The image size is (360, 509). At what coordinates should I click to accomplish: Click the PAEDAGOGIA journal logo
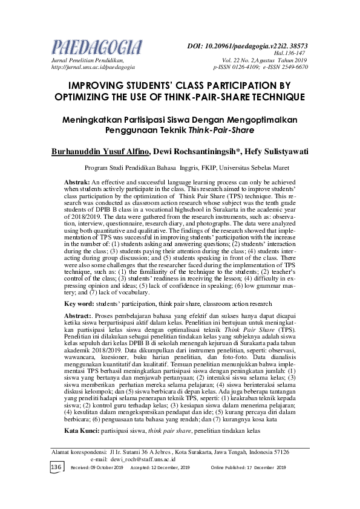pyautogui.click(x=96, y=47)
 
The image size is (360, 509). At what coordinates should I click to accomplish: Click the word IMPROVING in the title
pyautogui.click(x=103, y=85)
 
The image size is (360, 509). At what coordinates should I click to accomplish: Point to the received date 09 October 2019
pyautogui.click(x=99, y=468)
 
